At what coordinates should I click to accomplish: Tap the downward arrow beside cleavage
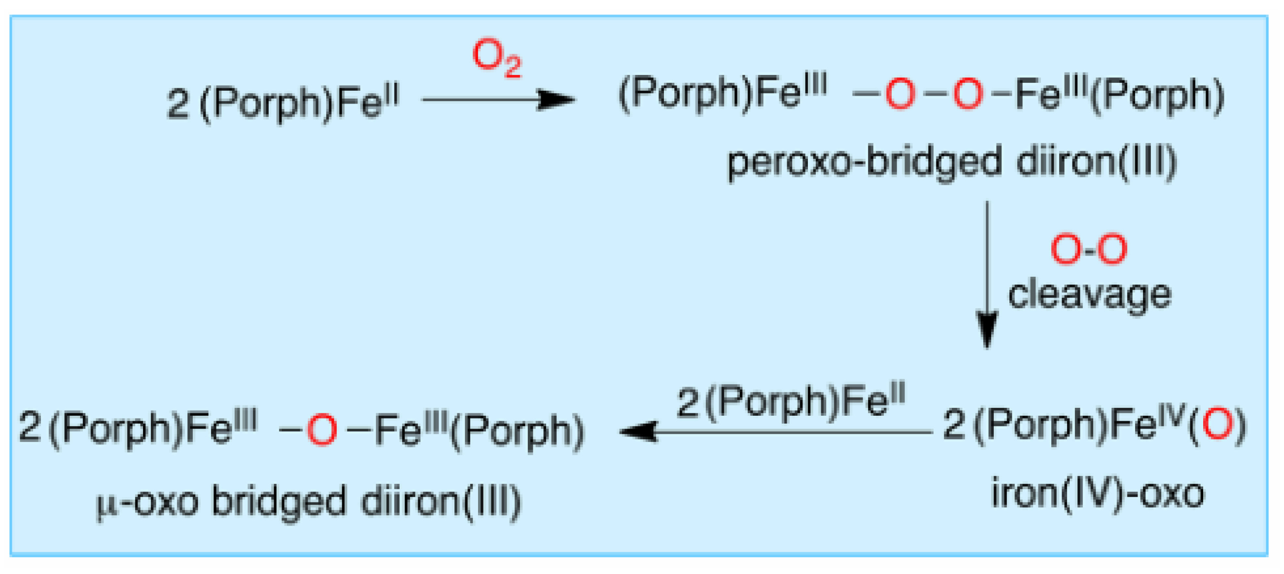[x=986, y=274]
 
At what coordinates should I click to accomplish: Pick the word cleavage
[x=1089, y=295]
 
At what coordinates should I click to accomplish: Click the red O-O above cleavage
[x=1089, y=249]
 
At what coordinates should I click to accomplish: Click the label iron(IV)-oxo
[x=1097, y=494]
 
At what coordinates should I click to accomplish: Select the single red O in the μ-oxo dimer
[x=321, y=430]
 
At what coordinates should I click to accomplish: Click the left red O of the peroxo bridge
[x=900, y=94]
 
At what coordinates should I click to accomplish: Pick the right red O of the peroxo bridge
[x=968, y=94]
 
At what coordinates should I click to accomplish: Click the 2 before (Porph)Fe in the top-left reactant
[x=178, y=104]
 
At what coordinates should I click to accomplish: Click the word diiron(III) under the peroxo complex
[x=1096, y=163]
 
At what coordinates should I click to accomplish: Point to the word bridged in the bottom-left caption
[x=278, y=502]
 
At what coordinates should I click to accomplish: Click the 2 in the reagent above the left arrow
[x=688, y=402]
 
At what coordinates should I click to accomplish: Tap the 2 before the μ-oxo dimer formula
[x=30, y=428]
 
